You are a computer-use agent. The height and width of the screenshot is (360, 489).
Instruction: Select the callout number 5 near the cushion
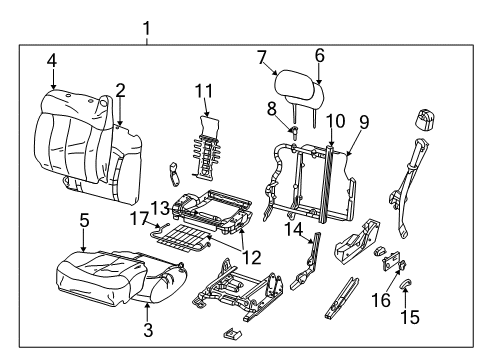click(84, 220)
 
